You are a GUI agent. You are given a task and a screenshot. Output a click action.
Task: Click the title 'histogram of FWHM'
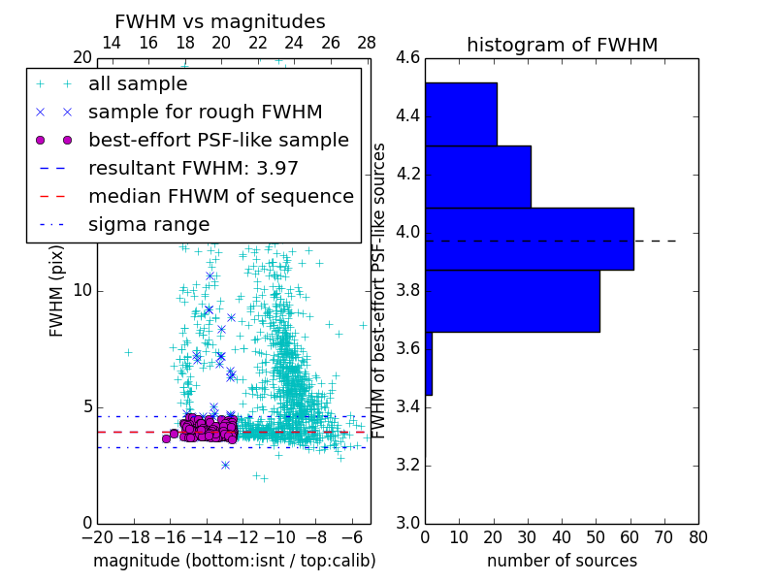(562, 45)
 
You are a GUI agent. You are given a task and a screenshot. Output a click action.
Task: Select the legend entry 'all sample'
(138, 84)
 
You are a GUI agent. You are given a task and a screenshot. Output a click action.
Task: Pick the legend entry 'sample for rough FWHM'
(206, 112)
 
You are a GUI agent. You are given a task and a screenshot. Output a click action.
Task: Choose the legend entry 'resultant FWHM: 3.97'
(193, 168)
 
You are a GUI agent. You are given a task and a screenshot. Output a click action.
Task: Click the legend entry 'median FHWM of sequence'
(221, 196)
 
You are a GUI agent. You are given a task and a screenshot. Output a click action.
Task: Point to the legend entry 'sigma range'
(148, 224)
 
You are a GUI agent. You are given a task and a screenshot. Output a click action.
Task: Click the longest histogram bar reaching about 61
(529, 239)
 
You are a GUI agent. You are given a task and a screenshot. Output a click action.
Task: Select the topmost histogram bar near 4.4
(461, 113)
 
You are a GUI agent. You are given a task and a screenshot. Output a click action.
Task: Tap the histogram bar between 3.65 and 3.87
(512, 301)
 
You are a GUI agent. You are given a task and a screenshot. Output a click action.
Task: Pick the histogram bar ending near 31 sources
(477, 177)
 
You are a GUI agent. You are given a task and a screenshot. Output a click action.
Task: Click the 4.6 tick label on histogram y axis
(407, 58)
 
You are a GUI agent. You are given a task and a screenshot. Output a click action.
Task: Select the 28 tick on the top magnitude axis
(367, 43)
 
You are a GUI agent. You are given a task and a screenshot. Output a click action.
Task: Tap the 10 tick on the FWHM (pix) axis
(83, 291)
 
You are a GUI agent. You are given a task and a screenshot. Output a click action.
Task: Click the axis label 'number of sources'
(562, 561)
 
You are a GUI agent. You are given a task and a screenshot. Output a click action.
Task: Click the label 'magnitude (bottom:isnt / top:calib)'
(234, 561)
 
